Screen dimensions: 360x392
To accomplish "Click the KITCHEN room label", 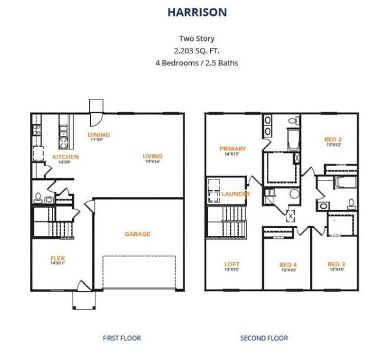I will coord(66,157).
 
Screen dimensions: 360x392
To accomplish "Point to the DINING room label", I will coord(99,135).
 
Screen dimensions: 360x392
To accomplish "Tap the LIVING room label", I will coord(153,157).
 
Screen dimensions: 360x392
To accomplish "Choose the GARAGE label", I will coord(137,234).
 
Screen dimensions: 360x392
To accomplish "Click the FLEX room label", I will coord(58,259).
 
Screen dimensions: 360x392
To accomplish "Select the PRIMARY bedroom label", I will coord(233,149).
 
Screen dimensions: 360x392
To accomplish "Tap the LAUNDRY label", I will coord(236,194).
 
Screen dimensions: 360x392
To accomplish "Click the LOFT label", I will coord(232,263).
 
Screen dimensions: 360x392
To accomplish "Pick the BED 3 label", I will coord(336,265).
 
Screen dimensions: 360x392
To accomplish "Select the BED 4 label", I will coord(288,265).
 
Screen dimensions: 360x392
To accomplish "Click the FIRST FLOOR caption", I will coord(122,338).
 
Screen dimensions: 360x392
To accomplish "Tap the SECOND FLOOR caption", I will coord(264,338).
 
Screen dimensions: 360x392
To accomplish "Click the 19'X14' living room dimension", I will coord(153,162).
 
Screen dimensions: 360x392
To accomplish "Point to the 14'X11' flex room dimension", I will coord(58,263).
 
